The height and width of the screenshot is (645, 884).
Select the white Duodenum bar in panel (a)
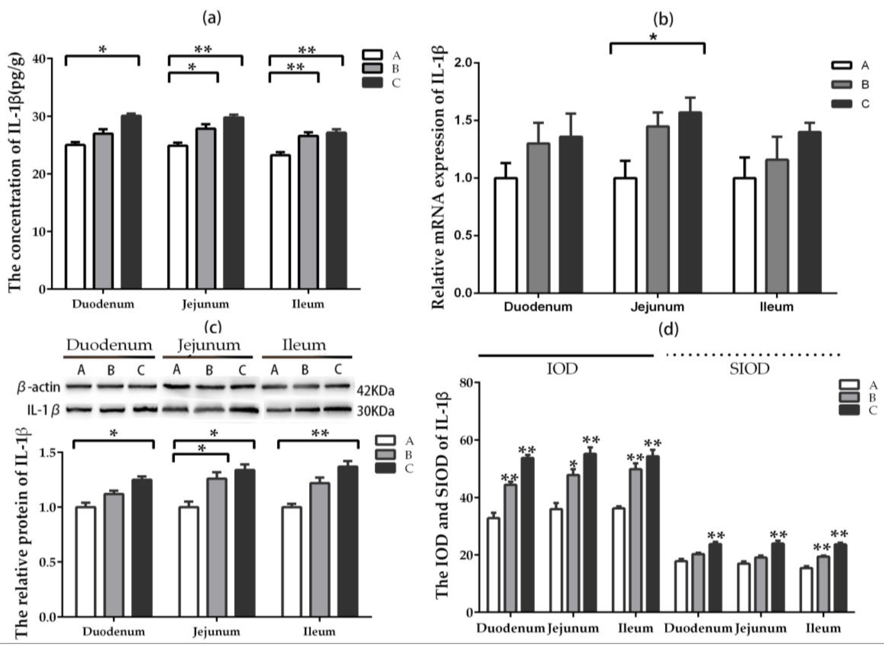point(75,217)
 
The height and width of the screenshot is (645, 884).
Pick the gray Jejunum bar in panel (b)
point(657,209)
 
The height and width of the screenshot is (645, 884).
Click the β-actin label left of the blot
point(39,387)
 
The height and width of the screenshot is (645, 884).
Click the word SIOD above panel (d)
point(749,369)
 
